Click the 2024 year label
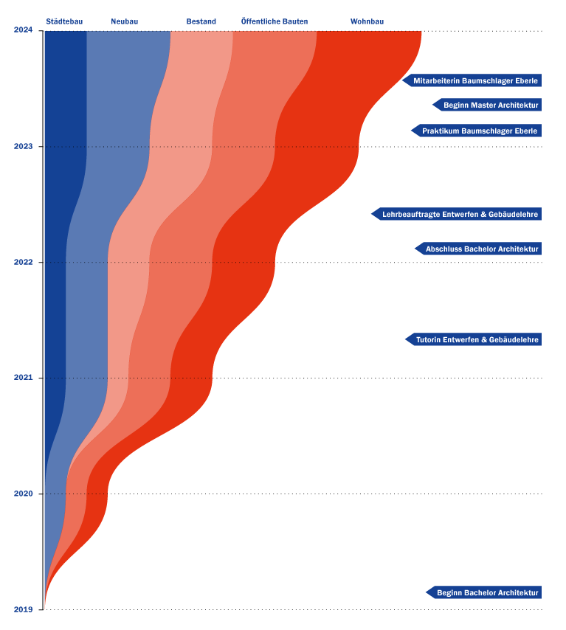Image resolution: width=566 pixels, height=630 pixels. [23, 30]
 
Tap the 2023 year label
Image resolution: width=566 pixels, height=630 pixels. [23, 146]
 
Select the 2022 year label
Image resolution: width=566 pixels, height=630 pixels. [23, 262]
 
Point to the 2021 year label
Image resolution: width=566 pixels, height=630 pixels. [23, 378]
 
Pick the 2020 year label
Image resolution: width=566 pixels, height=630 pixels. [23, 494]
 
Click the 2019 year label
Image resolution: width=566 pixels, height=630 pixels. [23, 609]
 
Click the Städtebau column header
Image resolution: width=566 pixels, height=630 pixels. [64, 22]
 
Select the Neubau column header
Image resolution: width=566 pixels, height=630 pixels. [125, 22]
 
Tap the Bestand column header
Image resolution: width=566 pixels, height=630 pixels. [201, 22]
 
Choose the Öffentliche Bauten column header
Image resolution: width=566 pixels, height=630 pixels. [275, 22]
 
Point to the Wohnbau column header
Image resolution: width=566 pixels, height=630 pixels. [367, 22]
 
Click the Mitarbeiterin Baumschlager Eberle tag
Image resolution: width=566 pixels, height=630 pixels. [474, 80]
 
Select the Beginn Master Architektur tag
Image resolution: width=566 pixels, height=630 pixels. [490, 105]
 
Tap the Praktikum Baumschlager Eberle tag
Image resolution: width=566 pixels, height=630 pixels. [479, 131]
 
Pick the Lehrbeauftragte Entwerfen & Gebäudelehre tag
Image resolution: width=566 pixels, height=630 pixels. [459, 214]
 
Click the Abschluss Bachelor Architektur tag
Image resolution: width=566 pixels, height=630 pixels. [481, 249]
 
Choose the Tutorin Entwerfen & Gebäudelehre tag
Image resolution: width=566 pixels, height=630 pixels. [476, 339]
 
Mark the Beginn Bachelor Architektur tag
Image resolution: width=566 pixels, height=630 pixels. [486, 592]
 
